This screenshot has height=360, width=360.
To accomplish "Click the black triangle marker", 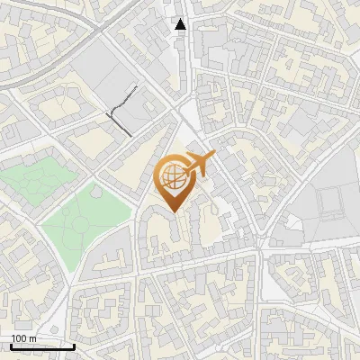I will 181,24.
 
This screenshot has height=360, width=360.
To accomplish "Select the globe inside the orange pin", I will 174,176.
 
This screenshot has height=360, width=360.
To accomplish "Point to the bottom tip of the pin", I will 174,212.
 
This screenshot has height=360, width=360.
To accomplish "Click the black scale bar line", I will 42,346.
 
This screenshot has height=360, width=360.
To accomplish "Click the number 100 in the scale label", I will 17,338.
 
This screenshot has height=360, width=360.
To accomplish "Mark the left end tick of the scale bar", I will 11,346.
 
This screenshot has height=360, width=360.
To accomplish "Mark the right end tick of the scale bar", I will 74,346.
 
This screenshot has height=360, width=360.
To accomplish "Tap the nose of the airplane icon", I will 215,157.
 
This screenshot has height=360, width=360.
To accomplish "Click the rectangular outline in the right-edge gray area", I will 332,203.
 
